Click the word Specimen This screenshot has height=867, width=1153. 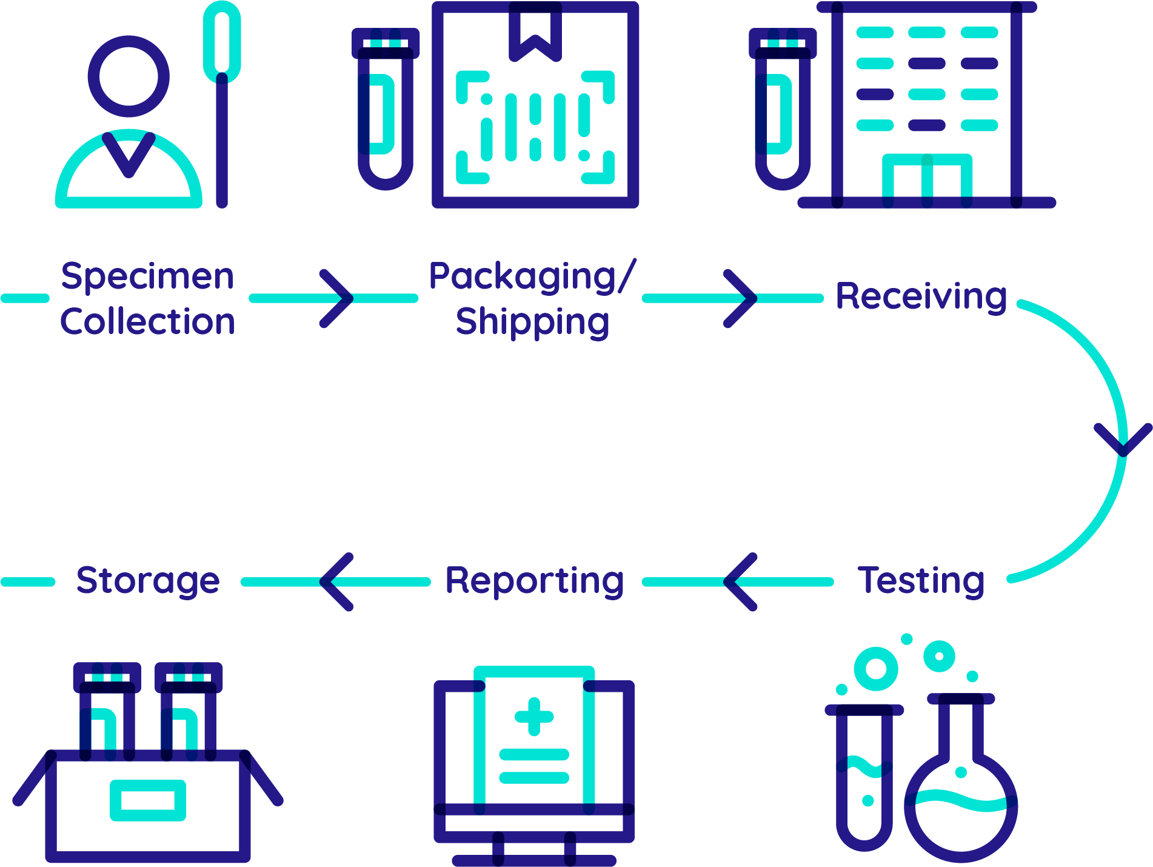coord(147,277)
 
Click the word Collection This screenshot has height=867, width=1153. coord(147,321)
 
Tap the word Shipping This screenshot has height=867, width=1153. coord(532,322)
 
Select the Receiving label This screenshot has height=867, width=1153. coord(921,296)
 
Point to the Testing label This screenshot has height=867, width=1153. coord(921,580)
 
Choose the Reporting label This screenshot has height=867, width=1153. coord(534,581)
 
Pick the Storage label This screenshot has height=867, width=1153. coord(148,581)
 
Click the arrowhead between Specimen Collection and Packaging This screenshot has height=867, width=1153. coord(338,298)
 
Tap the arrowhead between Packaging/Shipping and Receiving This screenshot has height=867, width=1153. coord(741,298)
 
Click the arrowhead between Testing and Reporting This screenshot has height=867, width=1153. coord(740,582)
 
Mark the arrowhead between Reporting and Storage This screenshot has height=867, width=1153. coord(336,582)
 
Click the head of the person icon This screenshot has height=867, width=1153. coord(129,76)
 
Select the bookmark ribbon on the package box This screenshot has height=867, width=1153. coord(535,30)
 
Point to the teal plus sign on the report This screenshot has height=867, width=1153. coord(534,716)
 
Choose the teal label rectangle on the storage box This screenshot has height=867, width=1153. coord(148,800)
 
